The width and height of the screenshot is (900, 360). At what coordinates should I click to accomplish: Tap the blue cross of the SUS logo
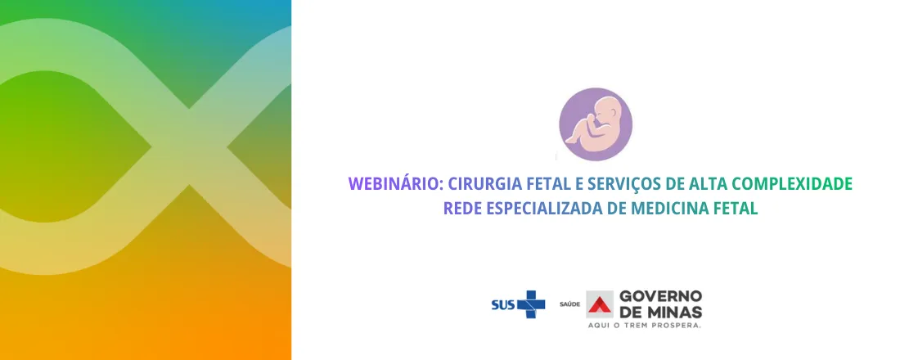pos(530,304)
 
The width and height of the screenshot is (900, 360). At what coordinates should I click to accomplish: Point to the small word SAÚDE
pos(569,305)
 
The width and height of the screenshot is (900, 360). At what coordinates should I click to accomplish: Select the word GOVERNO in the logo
pos(661,295)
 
